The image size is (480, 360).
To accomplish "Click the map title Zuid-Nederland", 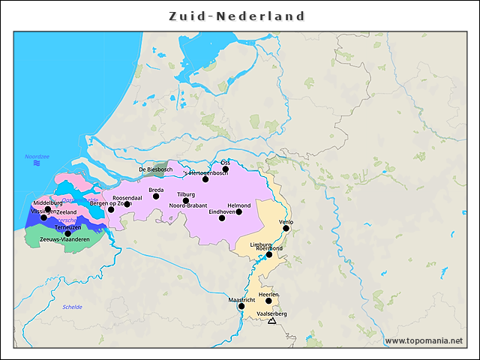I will pyautogui.click(x=236, y=16).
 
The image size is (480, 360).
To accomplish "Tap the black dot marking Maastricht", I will pyautogui.click(x=241, y=306).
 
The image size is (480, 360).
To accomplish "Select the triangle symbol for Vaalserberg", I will pyautogui.click(x=271, y=321).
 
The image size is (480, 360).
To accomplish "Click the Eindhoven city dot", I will pyautogui.click(x=222, y=217).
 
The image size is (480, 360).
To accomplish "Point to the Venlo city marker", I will pyautogui.click(x=286, y=228).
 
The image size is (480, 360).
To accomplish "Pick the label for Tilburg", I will pyautogui.click(x=185, y=194).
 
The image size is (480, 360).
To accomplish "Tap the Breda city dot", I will pyautogui.click(x=156, y=196).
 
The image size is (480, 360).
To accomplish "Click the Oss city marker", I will pyautogui.click(x=225, y=169).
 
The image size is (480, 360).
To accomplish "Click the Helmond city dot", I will pyautogui.click(x=238, y=211).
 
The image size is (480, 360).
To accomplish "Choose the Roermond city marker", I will pyautogui.click(x=269, y=254).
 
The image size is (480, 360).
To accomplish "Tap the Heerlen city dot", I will pyautogui.click(x=268, y=301).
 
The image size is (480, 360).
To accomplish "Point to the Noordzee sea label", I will pyautogui.click(x=37, y=157).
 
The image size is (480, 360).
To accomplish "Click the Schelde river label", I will pyautogui.click(x=72, y=307).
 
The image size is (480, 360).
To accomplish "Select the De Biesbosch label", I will pyautogui.click(x=156, y=169).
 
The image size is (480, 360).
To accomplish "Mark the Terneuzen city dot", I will pyautogui.click(x=68, y=233).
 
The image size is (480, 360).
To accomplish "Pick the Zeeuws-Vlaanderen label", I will pyautogui.click(x=64, y=239).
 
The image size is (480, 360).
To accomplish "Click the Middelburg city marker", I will pyautogui.click(x=48, y=209).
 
